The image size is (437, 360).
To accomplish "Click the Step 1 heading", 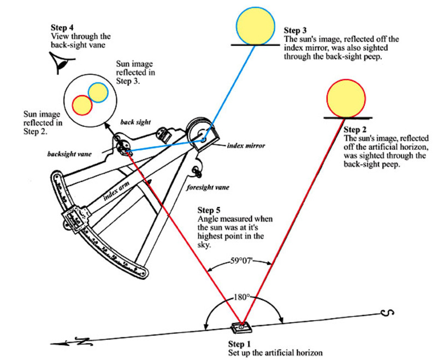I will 239,344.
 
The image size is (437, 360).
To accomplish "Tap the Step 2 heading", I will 355,131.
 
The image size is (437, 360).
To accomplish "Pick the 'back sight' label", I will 139,122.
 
